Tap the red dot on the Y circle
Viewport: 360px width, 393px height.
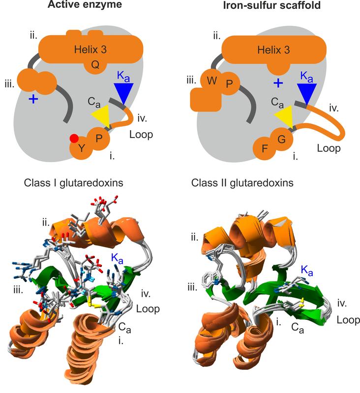click(x=74, y=138)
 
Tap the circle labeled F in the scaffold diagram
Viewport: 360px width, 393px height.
click(x=265, y=148)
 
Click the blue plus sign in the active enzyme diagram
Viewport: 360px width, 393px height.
click(x=33, y=99)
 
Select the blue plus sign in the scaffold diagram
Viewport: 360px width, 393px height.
click(x=278, y=83)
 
